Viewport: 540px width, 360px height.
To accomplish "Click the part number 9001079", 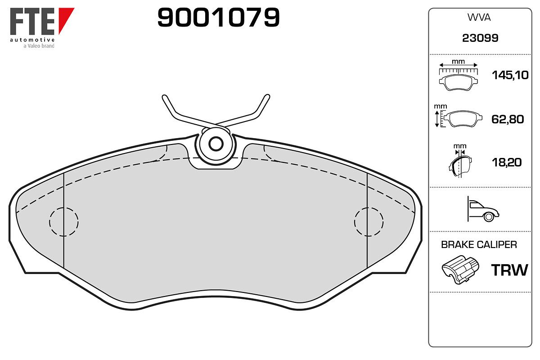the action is (218, 17).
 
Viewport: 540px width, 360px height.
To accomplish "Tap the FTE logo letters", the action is (32, 21).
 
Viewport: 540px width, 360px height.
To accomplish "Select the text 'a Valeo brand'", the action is (39, 46).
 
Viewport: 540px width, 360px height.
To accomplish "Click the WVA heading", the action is (479, 18).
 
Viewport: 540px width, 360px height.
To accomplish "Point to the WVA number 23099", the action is (480, 38).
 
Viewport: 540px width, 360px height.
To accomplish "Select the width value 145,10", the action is (510, 75).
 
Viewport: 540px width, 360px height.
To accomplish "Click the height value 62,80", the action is (508, 119).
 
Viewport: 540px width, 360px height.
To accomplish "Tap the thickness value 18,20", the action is (507, 162).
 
